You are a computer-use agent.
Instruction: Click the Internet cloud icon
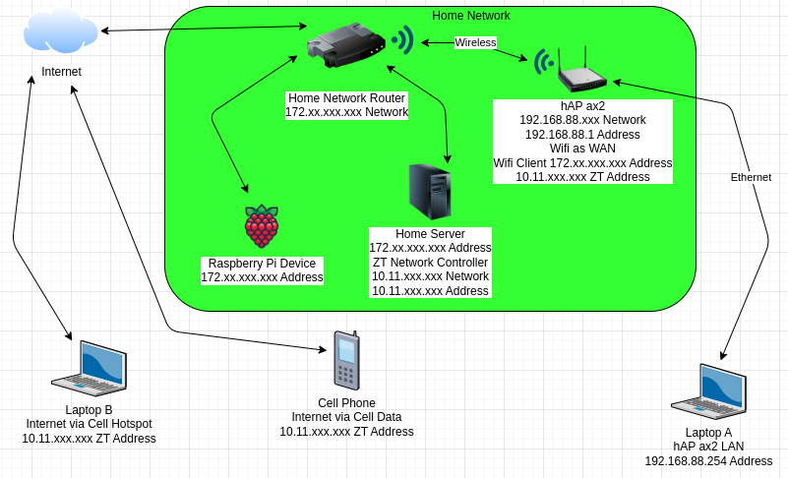point(61,31)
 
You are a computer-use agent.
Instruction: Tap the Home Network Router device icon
point(345,46)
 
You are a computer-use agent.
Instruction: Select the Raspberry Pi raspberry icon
point(262,227)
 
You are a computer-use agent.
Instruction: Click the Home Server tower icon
point(430,192)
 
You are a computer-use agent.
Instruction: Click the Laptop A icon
point(708,391)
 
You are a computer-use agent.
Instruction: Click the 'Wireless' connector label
point(475,42)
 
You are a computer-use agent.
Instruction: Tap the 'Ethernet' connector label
point(751,177)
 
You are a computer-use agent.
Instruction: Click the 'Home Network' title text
point(471,16)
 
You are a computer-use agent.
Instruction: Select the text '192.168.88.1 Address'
point(582,134)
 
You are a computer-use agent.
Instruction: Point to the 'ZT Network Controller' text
point(430,263)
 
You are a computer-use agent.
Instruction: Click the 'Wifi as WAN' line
point(582,149)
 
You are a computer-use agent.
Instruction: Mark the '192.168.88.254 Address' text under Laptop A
point(708,460)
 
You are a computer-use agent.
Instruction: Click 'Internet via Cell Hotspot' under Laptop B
point(89,424)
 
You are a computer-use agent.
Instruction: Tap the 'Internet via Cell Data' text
point(346,417)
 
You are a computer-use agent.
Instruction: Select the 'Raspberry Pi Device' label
point(262,264)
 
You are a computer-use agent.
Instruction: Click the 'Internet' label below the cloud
point(61,72)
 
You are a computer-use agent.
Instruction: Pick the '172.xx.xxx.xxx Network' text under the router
point(346,112)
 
